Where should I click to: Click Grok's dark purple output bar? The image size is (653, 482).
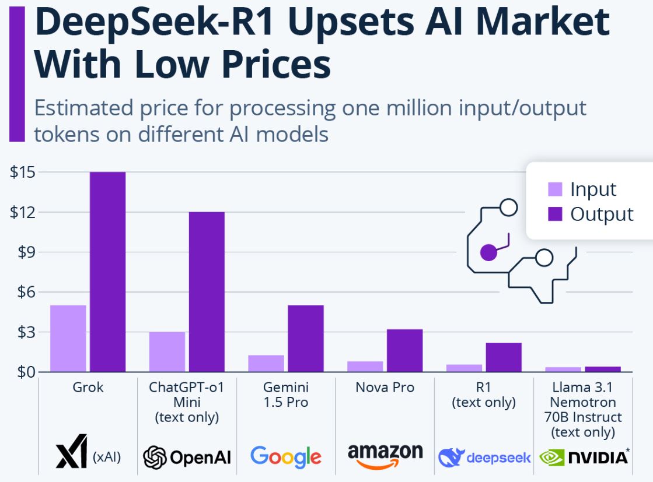107,272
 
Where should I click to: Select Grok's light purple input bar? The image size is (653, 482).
68,338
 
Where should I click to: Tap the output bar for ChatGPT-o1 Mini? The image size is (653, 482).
207,291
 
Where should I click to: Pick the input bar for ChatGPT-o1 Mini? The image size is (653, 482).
167,351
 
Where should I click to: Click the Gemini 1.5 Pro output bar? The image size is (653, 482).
306,338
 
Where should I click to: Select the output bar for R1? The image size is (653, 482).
504,357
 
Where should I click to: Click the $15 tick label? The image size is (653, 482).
22,173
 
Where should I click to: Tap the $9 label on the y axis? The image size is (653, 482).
22,252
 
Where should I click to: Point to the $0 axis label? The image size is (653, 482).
22,371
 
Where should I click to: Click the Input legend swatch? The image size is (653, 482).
556,189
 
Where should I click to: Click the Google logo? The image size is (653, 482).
286,456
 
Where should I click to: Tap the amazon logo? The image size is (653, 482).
385,455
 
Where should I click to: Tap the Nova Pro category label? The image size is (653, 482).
385,387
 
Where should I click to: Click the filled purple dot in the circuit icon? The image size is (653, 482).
488,252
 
